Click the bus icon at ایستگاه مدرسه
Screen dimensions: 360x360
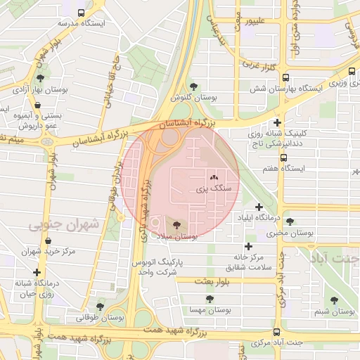click(x=81, y=13)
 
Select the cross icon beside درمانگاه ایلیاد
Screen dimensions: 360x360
click(x=259, y=207)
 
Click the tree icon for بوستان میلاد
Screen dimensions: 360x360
click(x=176, y=226)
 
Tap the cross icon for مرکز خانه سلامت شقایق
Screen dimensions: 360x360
click(x=247, y=246)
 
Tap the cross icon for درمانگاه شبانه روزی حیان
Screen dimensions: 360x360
click(x=37, y=272)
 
